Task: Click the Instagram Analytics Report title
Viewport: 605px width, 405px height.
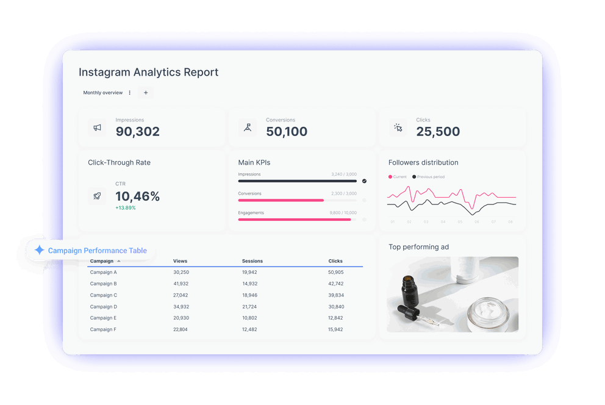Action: [148, 72]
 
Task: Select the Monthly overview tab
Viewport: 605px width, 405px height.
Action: [103, 93]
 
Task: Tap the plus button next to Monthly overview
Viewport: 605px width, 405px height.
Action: [145, 93]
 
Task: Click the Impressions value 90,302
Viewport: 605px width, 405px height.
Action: [137, 131]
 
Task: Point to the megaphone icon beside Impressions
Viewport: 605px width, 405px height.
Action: [97, 127]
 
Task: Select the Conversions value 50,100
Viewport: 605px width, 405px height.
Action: [287, 131]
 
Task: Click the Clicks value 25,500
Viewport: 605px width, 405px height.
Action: [438, 131]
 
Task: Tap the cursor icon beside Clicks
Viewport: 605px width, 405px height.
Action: [398, 127]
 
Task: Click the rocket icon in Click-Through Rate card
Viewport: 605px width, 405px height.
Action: [97, 196]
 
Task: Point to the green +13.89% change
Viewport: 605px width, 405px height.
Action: [125, 208]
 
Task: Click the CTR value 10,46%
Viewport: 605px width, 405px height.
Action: [137, 196]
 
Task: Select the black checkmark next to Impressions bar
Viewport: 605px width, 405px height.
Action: [364, 181]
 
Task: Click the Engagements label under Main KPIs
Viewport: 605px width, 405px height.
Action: [251, 213]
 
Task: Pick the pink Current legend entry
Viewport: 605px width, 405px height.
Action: [398, 177]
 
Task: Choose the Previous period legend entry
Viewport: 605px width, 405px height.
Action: [429, 177]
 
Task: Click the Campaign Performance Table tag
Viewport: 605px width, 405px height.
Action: [90, 251]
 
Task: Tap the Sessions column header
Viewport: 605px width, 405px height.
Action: [252, 261]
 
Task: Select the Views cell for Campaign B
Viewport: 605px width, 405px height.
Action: [181, 284]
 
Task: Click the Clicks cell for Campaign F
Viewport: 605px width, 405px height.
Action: [335, 329]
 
